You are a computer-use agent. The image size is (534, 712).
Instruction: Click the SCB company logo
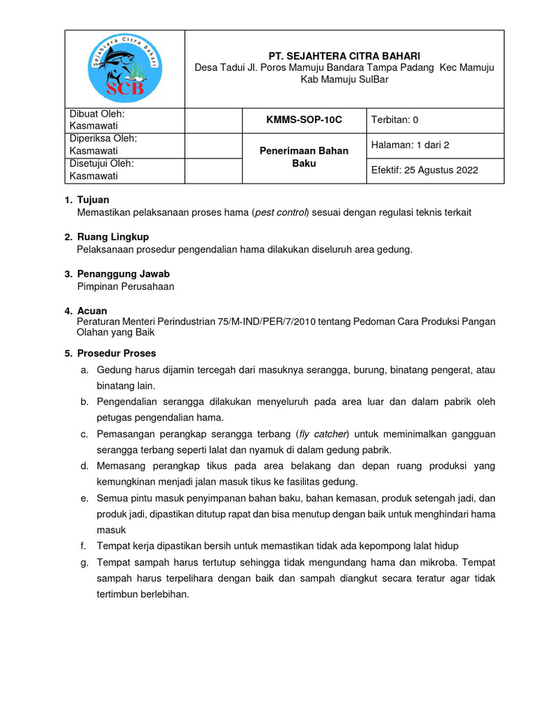click(x=126, y=68)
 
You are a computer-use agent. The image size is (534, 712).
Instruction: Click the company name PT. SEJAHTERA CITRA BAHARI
click(x=344, y=56)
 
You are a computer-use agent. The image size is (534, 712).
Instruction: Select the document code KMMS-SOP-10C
click(x=305, y=120)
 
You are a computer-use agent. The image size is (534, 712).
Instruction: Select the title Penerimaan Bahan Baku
click(x=305, y=157)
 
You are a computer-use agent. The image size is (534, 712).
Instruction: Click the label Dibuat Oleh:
click(x=97, y=114)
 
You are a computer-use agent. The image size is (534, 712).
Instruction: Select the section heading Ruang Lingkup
click(x=113, y=237)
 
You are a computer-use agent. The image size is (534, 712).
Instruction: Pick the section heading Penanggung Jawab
click(x=123, y=274)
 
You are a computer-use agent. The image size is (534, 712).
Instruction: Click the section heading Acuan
click(x=92, y=311)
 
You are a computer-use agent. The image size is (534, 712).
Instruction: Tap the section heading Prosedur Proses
click(x=116, y=353)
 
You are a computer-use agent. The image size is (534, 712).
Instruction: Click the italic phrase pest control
click(x=280, y=213)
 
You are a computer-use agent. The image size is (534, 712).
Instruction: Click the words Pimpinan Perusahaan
click(x=125, y=286)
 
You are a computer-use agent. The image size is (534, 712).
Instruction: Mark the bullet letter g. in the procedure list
click(x=83, y=563)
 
